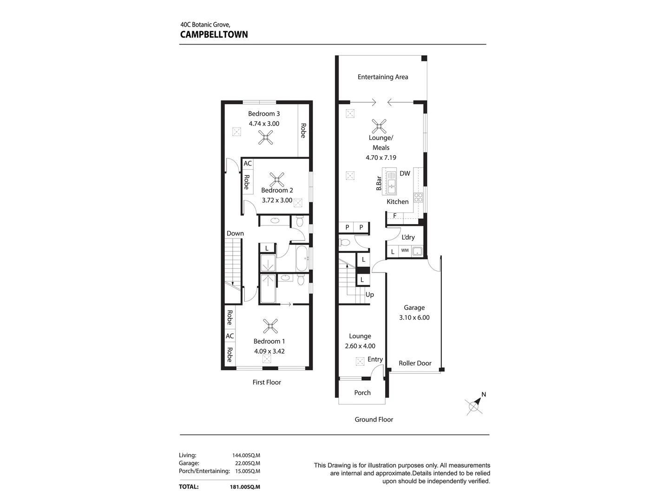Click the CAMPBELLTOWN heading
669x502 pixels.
(214, 34)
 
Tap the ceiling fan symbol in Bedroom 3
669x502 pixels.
(266, 137)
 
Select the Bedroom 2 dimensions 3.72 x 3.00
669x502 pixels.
(277, 200)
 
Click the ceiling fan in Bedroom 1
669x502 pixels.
(270, 326)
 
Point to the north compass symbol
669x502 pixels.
(474, 406)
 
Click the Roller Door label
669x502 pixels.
(415, 363)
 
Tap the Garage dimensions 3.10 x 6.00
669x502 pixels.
(414, 317)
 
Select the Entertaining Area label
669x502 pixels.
(382, 77)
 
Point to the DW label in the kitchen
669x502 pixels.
(405, 173)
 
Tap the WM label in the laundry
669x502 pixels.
(405, 251)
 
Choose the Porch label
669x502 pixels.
(362, 393)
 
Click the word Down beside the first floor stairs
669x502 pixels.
(235, 233)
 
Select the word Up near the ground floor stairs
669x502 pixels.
(369, 295)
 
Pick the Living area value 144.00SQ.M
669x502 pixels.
(246, 456)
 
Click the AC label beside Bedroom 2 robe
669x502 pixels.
(248, 164)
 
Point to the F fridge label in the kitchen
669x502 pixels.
(395, 216)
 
